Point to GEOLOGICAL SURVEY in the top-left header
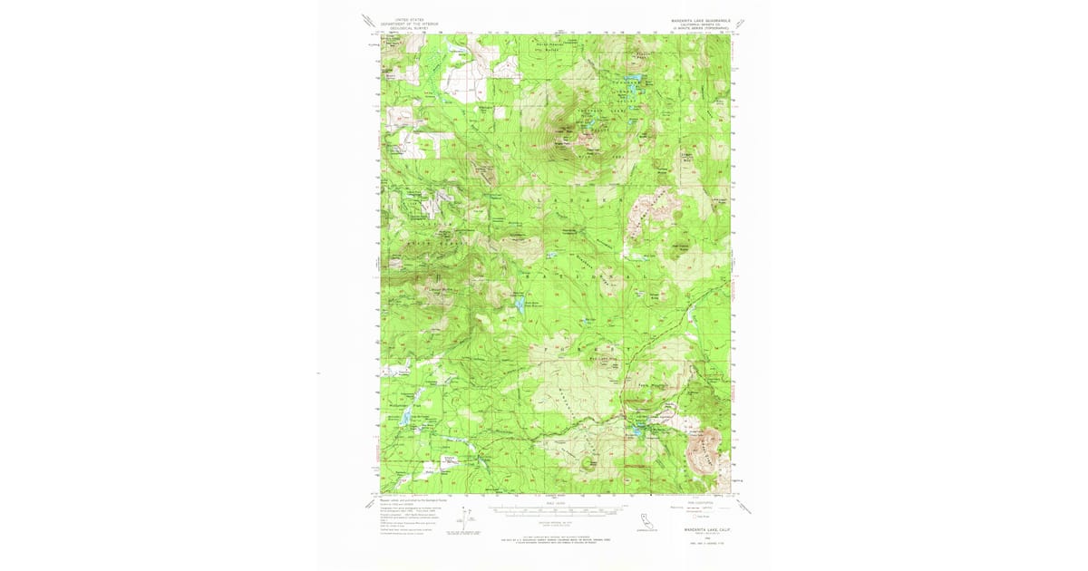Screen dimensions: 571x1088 coord(406,27)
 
